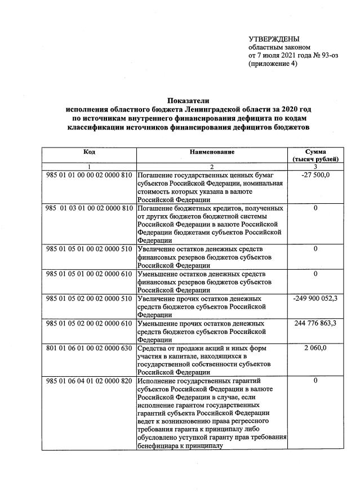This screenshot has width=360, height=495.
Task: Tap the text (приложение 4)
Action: pyautogui.click(x=273, y=64)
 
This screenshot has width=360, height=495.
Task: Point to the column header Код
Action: pyautogui.click(x=89, y=152)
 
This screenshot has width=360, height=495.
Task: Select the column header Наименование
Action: pyautogui.click(x=212, y=152)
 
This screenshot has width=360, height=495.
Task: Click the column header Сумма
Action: pyautogui.click(x=315, y=152)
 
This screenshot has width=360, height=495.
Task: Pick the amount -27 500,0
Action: pyautogui.click(x=315, y=176)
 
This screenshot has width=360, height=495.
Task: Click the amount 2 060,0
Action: pyautogui.click(x=315, y=349)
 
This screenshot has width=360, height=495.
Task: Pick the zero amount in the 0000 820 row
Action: pyautogui.click(x=315, y=381)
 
